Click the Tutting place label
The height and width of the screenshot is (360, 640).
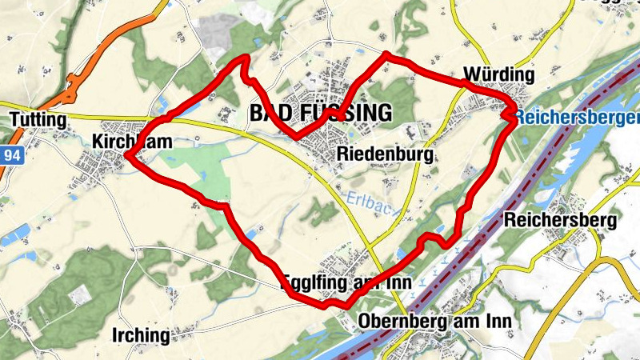pos(37,119)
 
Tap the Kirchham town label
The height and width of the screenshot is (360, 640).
pos(133,142)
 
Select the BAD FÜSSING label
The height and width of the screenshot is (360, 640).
pos(321,113)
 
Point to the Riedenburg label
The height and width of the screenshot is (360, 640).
pos(386,154)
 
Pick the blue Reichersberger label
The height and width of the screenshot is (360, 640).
pos(576,118)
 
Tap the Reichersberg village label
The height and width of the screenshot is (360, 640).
pos(561,219)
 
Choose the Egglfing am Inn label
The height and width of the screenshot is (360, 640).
pos(347,283)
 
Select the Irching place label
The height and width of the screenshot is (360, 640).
pos(142,334)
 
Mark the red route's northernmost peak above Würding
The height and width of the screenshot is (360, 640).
pos(387,54)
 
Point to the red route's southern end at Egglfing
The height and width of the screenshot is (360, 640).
pos(346,305)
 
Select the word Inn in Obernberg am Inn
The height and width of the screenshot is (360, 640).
pos(496,322)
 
